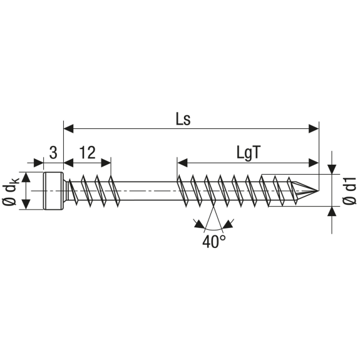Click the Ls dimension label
[183, 120]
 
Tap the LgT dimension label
[249, 153]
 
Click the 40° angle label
[213, 241]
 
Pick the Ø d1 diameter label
[349, 190]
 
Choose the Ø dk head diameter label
[11, 191]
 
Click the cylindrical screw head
[53, 191]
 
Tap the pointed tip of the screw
[318, 191]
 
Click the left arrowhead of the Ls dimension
[68, 129]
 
